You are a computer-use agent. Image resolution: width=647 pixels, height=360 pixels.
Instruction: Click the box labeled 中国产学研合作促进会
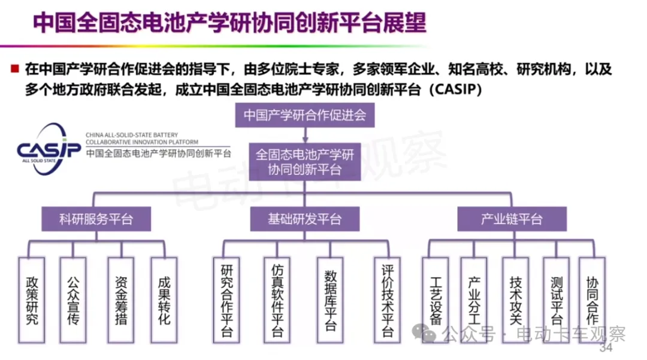[305, 115]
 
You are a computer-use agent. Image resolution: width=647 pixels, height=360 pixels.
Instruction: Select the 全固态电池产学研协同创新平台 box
[305, 162]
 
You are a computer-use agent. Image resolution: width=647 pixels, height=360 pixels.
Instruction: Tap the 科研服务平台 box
[96, 219]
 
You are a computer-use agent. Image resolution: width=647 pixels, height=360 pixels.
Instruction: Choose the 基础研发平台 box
[305, 219]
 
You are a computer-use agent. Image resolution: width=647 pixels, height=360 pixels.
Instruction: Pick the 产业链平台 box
[512, 219]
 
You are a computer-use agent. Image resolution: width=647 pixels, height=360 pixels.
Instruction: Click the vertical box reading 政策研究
[32, 300]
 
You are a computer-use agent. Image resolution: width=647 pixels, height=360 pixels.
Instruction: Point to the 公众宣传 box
[73, 300]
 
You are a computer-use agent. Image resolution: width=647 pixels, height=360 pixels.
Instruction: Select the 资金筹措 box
[121, 300]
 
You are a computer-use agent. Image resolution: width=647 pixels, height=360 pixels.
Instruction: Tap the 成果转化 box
[164, 300]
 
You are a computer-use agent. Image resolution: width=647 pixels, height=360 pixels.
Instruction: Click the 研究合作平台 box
[226, 300]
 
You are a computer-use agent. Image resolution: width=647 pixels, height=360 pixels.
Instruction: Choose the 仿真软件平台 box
[277, 300]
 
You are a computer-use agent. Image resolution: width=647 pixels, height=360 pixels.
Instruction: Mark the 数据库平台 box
[330, 300]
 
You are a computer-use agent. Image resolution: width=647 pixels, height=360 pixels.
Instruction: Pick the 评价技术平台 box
[388, 300]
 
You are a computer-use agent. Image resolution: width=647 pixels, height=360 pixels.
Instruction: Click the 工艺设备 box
[436, 300]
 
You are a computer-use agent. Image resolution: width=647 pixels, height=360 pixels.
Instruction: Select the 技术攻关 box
[516, 300]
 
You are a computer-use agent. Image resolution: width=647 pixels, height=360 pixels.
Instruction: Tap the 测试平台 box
[556, 300]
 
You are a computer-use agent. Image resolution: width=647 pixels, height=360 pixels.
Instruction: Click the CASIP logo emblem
[49, 149]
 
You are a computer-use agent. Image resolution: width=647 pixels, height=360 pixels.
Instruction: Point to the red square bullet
[15, 68]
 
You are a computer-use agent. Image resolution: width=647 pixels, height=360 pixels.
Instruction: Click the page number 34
[606, 347]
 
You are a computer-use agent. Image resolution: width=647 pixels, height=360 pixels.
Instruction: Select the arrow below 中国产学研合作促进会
[306, 135]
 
